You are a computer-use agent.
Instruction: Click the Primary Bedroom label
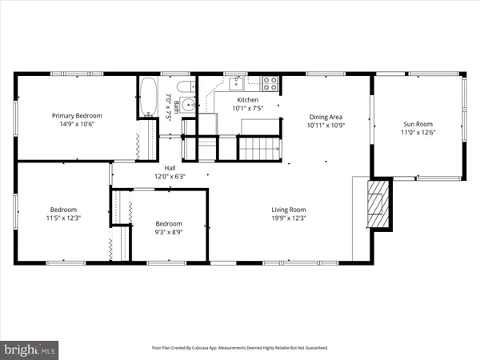click(77, 115)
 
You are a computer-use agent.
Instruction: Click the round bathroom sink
click(186, 104)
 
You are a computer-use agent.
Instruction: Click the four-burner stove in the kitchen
click(270, 82)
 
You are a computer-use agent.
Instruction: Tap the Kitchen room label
click(247, 99)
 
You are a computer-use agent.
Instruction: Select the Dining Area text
click(325, 116)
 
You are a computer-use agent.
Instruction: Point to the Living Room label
click(287, 209)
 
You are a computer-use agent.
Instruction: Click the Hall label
click(170, 167)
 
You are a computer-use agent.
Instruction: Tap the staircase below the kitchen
click(258, 147)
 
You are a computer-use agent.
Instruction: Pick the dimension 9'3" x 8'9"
click(169, 233)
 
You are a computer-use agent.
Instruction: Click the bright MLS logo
click(30, 349)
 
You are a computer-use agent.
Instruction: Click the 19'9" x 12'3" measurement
click(287, 218)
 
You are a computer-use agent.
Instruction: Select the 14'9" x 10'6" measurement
click(77, 124)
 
